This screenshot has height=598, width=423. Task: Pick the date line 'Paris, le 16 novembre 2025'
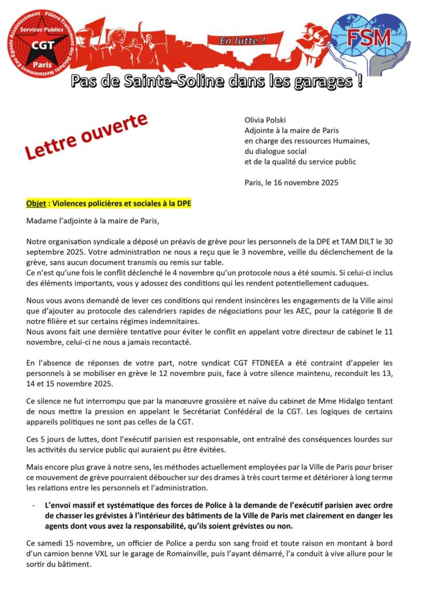pos(292,182)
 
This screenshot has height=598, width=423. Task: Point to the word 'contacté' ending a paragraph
pos(170,340)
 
